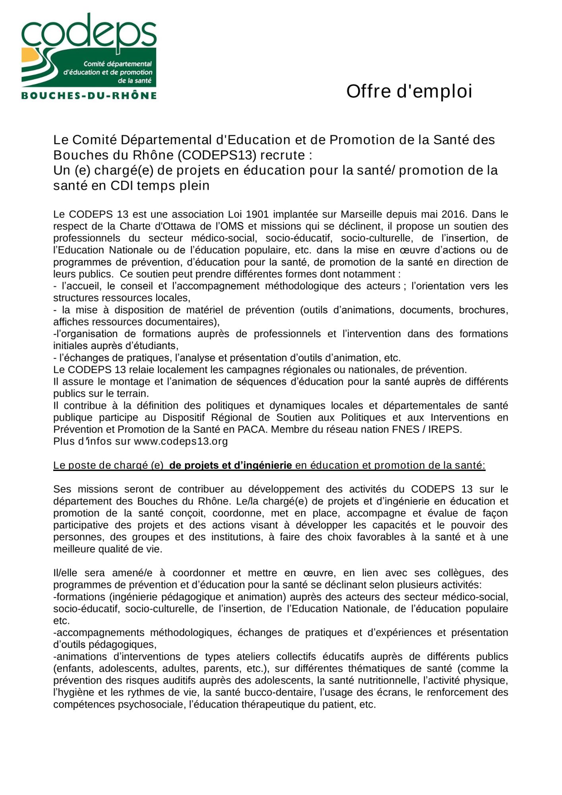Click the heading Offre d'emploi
point(409,91)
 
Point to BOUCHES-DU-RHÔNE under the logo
point(89,96)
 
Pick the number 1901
point(258,214)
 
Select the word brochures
point(482,310)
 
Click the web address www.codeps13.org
point(181,441)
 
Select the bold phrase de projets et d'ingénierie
point(230,465)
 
